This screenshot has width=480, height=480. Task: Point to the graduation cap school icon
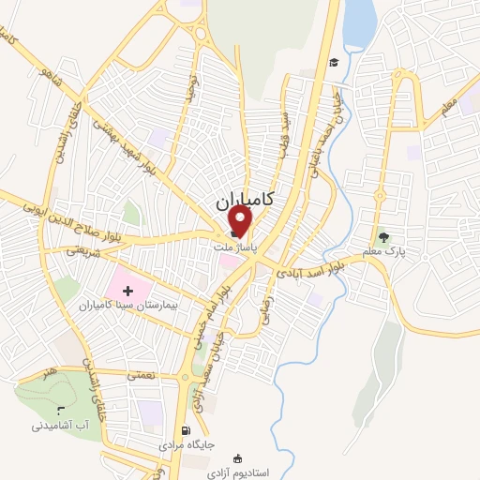(x=332, y=63)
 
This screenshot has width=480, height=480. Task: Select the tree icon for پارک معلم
(x=382, y=236)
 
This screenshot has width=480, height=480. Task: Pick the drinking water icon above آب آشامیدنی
(x=61, y=410)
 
